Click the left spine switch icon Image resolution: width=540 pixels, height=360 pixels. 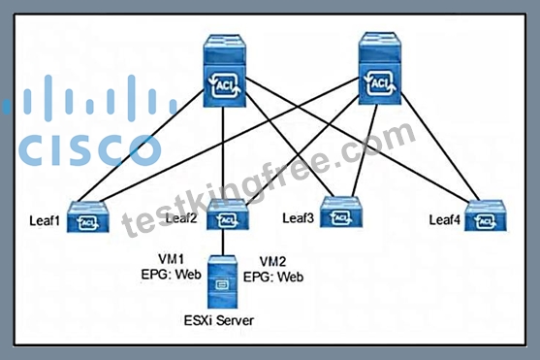(x=225, y=70)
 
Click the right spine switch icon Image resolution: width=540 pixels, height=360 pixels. (x=380, y=68)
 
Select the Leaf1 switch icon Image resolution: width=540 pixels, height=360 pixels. (x=88, y=217)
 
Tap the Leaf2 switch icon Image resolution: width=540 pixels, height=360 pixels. (x=227, y=214)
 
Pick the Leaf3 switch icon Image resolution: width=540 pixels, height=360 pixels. (x=341, y=213)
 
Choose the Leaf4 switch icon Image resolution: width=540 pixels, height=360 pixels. (x=486, y=215)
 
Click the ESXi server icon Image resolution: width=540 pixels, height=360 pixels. (x=222, y=281)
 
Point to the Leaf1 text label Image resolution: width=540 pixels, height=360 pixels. (x=45, y=220)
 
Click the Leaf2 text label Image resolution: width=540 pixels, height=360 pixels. (x=181, y=218)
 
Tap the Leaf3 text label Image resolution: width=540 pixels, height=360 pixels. (x=299, y=218)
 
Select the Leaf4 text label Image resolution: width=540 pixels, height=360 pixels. (x=445, y=220)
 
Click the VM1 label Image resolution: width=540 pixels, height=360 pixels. (x=172, y=259)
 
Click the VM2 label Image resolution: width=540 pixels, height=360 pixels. (x=272, y=262)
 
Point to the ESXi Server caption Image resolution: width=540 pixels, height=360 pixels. (x=219, y=320)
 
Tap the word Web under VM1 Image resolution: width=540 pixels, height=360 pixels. (x=188, y=275)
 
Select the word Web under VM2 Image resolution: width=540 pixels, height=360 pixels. (x=290, y=277)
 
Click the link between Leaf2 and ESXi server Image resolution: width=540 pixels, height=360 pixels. (x=223, y=243)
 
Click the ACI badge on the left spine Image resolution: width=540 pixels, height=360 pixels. (x=225, y=84)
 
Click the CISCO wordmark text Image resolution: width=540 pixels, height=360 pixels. (x=90, y=150)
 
